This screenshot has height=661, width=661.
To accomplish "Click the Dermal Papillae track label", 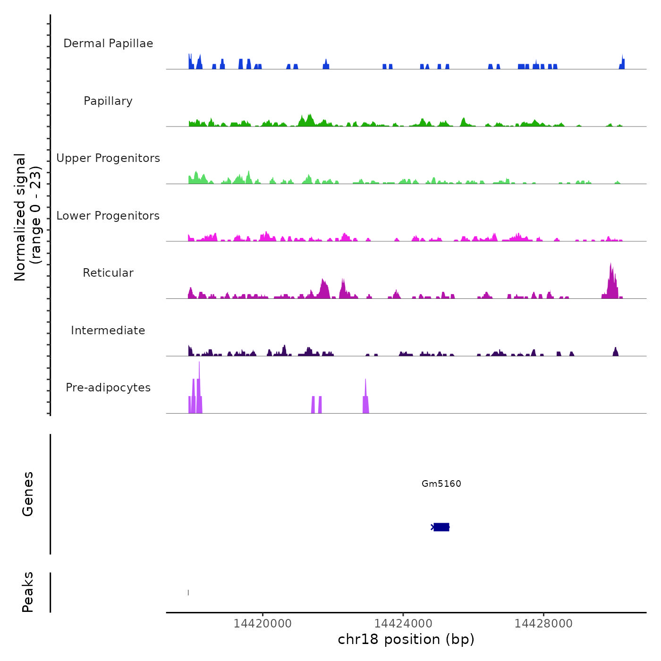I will [x=108, y=43].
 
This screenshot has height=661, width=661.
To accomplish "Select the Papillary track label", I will [x=108, y=101].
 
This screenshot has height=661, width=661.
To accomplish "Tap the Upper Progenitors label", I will [x=108, y=158].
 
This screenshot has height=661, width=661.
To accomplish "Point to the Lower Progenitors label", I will [x=108, y=216].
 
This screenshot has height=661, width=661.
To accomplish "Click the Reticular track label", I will [x=108, y=273].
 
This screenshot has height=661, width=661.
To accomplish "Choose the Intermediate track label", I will [x=108, y=330].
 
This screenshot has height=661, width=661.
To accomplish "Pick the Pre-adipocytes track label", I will [x=108, y=388].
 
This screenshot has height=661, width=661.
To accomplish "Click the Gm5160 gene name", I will [x=441, y=483].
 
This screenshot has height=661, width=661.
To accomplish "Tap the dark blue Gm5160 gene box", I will [x=441, y=527].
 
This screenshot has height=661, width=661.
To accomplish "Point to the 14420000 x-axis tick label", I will [x=263, y=624].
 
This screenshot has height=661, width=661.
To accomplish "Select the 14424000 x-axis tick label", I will [x=403, y=624].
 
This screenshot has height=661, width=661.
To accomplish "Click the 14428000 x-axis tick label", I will [x=543, y=624].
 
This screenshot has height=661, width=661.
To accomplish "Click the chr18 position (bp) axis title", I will [x=406, y=639].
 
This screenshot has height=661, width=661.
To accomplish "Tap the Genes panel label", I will [x=28, y=494].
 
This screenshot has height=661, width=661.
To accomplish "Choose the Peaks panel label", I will [x=28, y=592].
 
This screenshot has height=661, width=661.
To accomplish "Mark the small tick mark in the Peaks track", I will [x=188, y=593].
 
